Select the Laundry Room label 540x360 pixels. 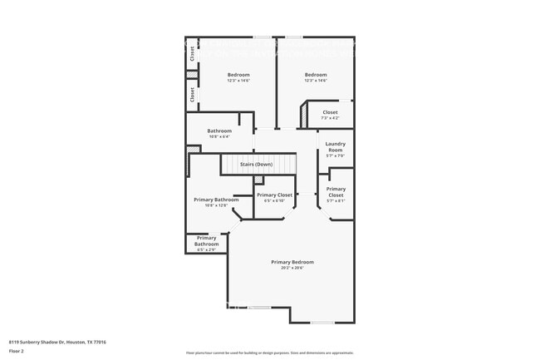coord(336,146)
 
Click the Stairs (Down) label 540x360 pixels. coord(256,165)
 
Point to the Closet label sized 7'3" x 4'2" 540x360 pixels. coord(330,112)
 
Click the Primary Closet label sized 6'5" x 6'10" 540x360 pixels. coord(273,195)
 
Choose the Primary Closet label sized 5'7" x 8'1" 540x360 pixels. coord(336,191)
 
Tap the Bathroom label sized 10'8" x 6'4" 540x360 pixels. coord(219,131)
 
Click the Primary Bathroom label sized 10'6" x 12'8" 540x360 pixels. coord(216,200)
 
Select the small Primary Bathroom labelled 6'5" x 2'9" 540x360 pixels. coord(206,240)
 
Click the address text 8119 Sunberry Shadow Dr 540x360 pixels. coord(37,342)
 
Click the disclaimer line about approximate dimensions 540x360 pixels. coord(269,353)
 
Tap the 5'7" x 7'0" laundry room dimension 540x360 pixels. coord(336,155)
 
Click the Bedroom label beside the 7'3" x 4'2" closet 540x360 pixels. coord(315,75)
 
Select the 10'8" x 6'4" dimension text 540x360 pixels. coord(219,136)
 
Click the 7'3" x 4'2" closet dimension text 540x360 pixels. coord(330,118)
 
